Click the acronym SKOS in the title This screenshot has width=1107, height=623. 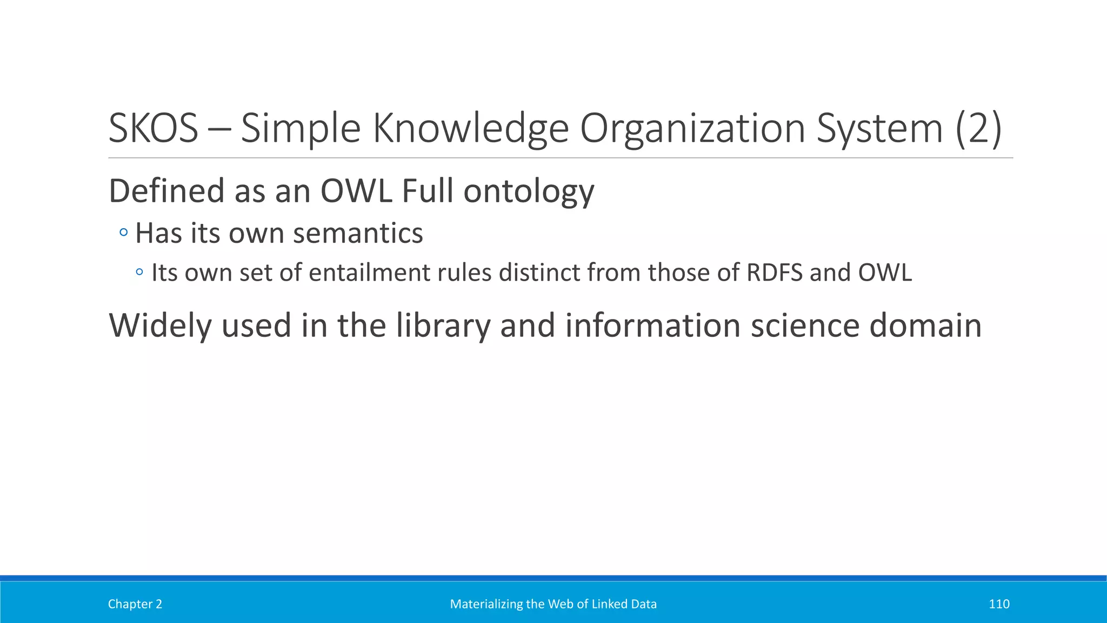153,129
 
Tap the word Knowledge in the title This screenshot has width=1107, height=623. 470,129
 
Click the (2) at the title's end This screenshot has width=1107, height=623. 979,129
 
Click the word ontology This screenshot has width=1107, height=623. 529,192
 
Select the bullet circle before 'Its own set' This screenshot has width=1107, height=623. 139,273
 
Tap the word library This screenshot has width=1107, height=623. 443,326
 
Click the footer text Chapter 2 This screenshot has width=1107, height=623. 135,604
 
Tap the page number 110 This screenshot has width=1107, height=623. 998,604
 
